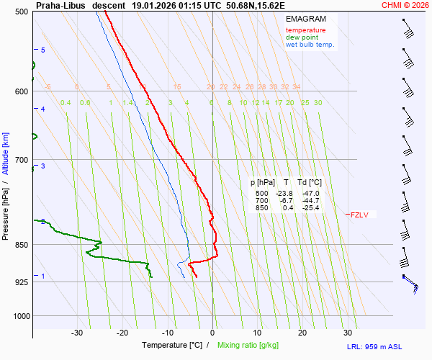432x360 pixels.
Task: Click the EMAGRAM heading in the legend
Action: [x=305, y=19]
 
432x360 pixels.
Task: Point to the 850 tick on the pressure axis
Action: [x=19, y=245]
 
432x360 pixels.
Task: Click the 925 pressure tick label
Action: [x=19, y=282]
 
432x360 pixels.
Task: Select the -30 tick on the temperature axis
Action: [x=77, y=333]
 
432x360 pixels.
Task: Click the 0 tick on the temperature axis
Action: [x=212, y=333]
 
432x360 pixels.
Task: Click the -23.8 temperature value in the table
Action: [x=283, y=194]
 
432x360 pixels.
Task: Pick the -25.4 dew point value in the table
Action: [x=310, y=208]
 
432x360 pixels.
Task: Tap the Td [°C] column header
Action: [x=310, y=183]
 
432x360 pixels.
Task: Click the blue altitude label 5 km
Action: [x=43, y=50]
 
